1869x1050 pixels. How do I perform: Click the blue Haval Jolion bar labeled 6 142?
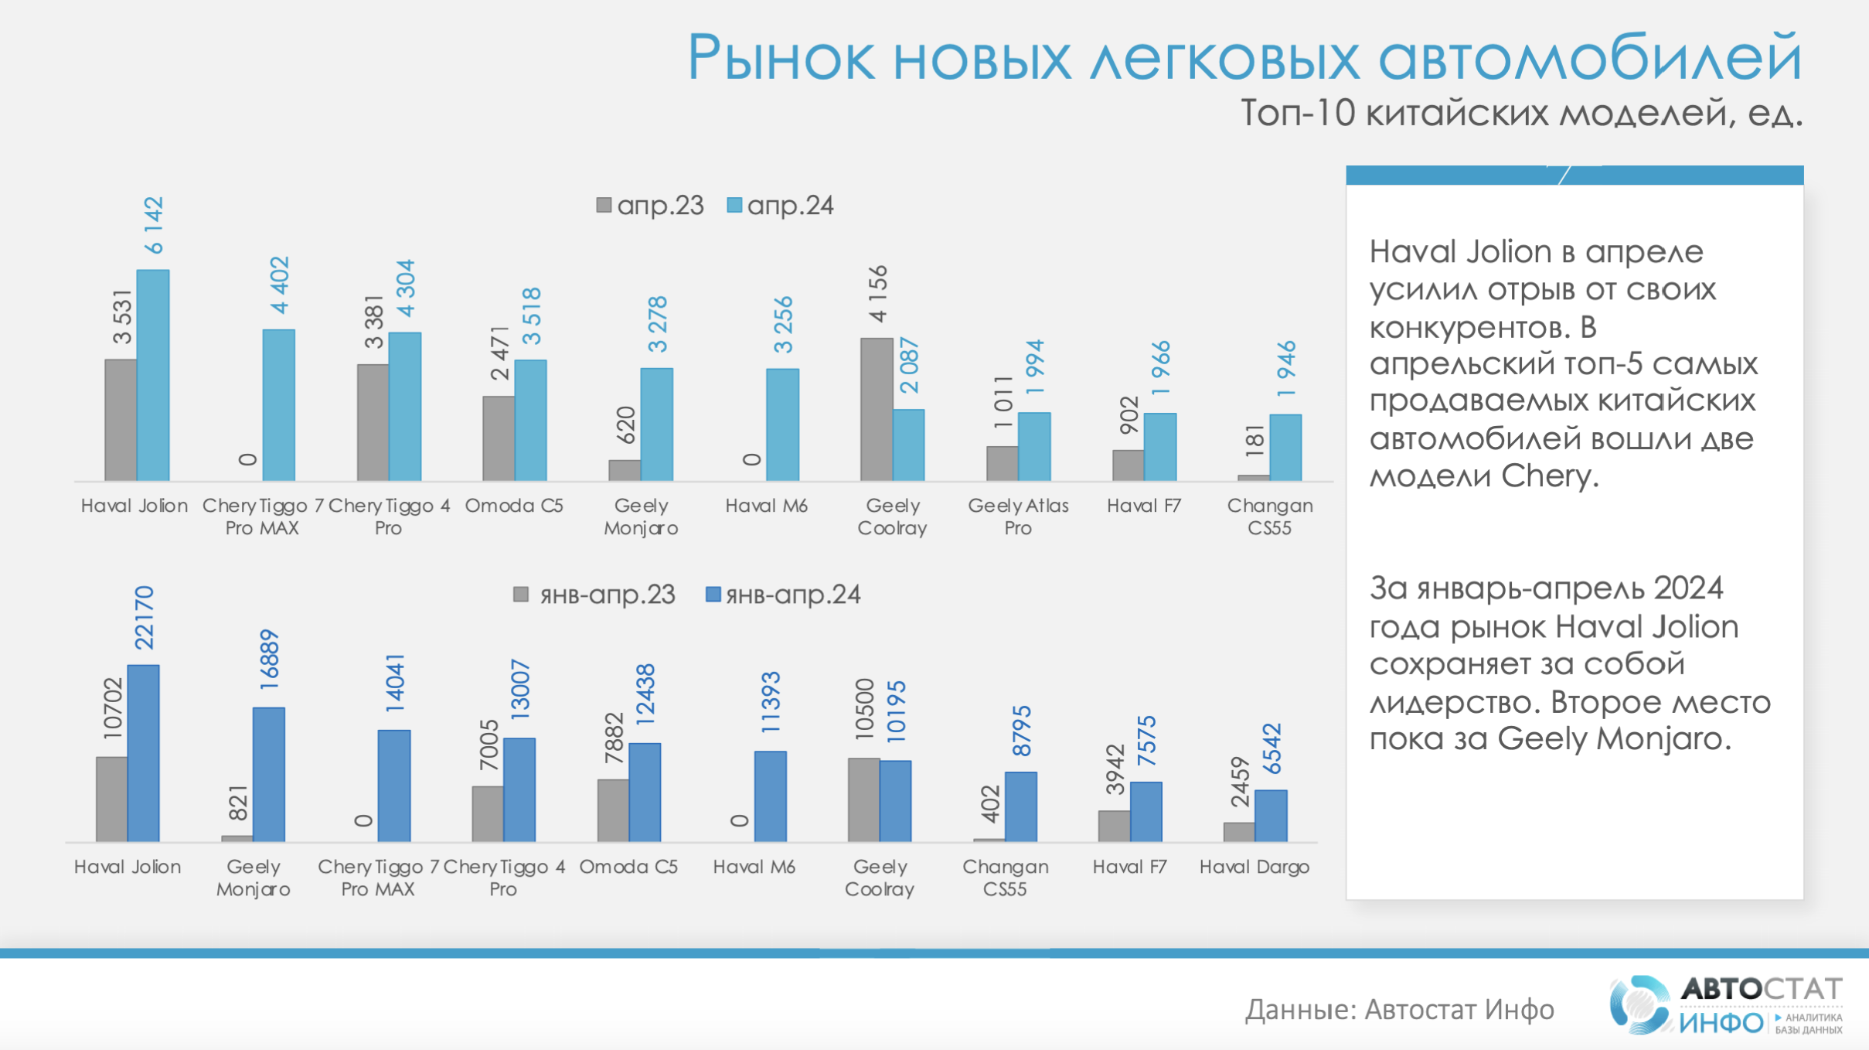[153, 375]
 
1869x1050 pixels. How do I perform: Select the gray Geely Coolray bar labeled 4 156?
[877, 409]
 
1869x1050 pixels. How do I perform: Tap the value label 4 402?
[280, 285]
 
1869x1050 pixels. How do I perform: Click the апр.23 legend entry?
[650, 206]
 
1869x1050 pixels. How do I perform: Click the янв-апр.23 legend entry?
[594, 595]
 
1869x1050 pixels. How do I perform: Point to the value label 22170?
[145, 618]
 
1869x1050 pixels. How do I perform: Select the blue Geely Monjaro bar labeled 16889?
[269, 774]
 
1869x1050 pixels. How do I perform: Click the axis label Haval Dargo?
[1254, 867]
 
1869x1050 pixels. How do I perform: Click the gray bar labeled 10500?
[863, 799]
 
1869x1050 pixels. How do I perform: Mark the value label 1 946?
[1286, 369]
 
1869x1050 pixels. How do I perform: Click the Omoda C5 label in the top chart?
[514, 506]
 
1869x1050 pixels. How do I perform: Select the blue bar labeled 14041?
[394, 786]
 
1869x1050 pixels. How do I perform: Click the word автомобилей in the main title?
[1590, 59]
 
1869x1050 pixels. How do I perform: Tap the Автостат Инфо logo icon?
[1637, 1005]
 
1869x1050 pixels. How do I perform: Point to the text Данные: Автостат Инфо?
[1399, 1010]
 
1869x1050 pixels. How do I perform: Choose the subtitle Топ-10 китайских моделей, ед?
[1521, 114]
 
